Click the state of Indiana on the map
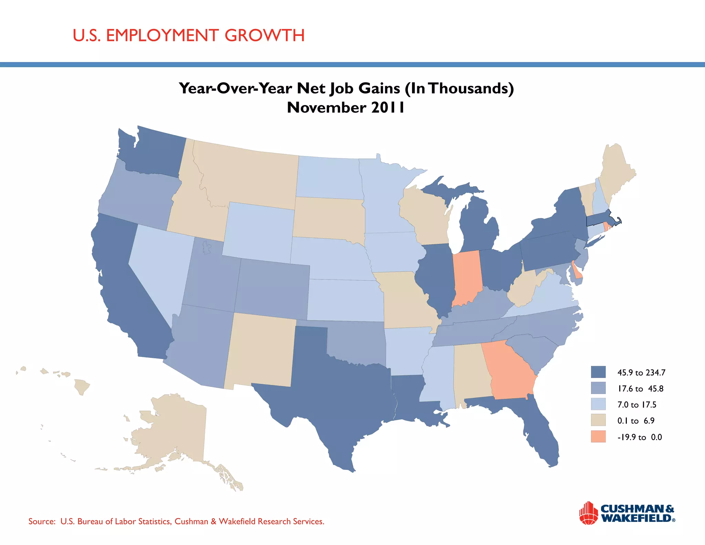(466, 277)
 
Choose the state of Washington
(151, 152)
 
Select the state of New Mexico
(260, 351)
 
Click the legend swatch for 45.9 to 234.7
(598, 372)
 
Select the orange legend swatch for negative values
(598, 436)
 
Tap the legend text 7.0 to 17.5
(636, 404)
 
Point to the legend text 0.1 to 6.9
(636, 421)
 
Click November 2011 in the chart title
(346, 107)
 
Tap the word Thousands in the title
(468, 88)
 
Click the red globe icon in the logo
(588, 513)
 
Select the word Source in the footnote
(41, 521)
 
